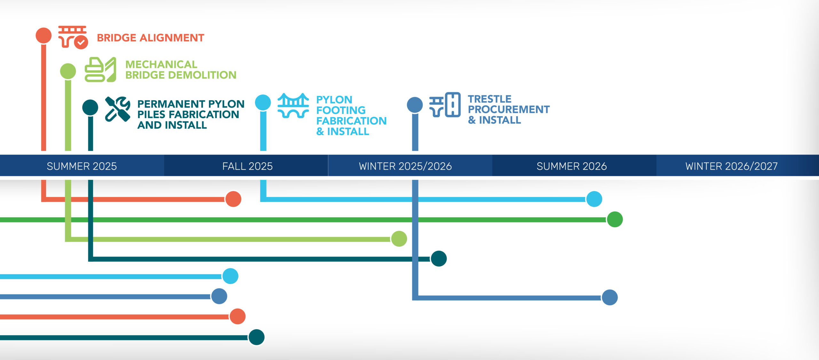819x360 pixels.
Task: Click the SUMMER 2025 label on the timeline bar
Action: point(82,166)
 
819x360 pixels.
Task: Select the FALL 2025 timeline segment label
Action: point(247,166)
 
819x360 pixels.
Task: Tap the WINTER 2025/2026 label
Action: point(405,166)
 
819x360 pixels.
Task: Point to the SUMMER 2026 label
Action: point(571,166)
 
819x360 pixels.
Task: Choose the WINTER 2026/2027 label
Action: point(731,166)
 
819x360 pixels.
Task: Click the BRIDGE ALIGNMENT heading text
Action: point(150,38)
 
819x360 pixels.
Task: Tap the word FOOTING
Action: point(341,110)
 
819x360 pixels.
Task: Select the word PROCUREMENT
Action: point(509,109)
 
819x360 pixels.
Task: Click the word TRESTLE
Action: point(489,99)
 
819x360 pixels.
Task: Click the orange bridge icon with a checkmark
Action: point(73,37)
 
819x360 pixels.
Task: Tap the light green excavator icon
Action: point(100,70)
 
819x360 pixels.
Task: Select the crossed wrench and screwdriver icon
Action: point(117,109)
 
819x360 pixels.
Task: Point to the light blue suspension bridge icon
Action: point(293,106)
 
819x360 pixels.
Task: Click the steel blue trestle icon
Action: point(445,105)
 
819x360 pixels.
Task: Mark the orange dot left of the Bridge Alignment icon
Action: point(44,35)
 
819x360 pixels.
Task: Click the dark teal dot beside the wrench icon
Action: point(90,107)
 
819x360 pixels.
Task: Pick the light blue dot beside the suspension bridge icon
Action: point(263,102)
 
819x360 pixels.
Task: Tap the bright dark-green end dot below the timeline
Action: point(615,220)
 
